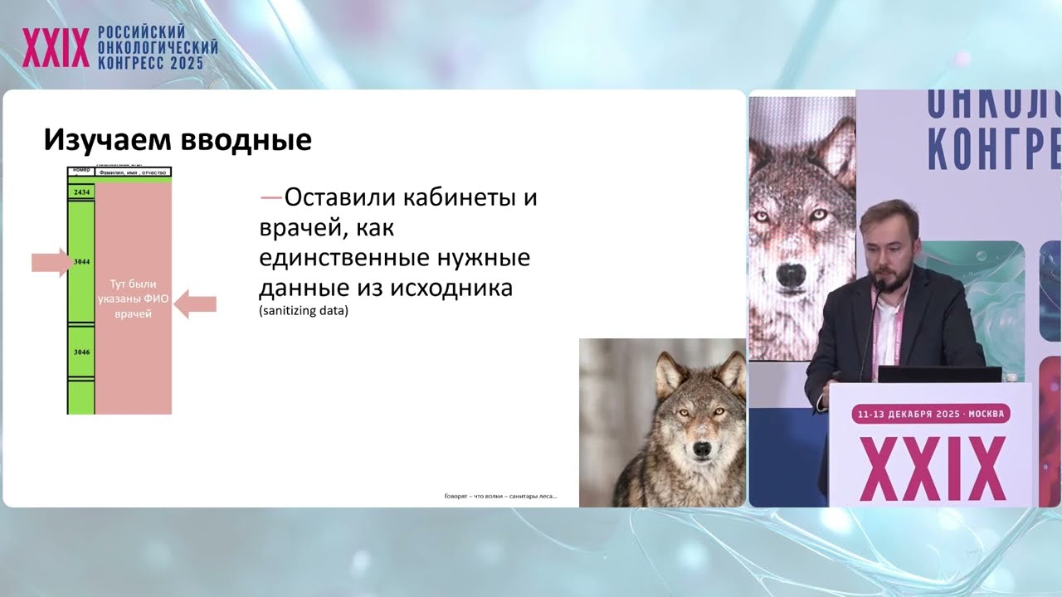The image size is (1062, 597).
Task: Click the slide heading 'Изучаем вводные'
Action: tap(178, 140)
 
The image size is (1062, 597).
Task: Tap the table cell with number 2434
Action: tap(81, 192)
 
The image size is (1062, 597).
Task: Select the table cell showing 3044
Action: tap(81, 262)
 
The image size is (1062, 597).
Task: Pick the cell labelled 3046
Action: tap(81, 352)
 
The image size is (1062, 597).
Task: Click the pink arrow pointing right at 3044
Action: tap(51, 263)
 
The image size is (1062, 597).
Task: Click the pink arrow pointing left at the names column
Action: tap(197, 303)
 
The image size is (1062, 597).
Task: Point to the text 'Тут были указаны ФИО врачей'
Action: tap(133, 298)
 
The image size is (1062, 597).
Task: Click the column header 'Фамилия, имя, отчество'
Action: tap(133, 172)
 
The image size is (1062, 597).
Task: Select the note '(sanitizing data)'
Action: tap(304, 312)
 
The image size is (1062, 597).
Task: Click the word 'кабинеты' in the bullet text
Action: tap(470, 198)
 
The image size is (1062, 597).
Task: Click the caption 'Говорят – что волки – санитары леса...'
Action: tap(500, 497)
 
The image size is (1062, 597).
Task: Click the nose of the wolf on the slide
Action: tap(701, 449)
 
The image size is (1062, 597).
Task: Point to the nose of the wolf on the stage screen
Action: tap(795, 271)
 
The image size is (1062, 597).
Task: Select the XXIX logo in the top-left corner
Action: tap(56, 48)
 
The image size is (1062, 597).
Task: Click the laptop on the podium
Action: tap(939, 374)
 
